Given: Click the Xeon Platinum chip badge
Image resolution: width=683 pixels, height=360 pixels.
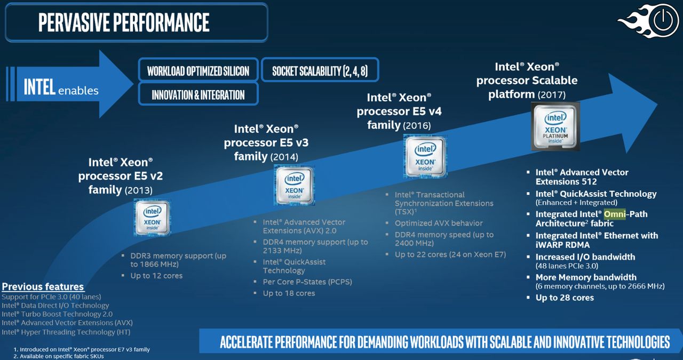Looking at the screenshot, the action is [555, 126].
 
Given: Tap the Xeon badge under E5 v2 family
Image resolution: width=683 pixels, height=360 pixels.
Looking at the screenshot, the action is [152, 218].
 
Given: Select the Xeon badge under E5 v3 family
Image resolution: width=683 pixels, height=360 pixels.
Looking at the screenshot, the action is [294, 186].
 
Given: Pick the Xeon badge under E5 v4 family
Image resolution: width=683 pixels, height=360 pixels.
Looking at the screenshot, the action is [425, 157].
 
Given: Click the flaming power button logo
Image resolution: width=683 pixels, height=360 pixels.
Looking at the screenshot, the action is [649, 21].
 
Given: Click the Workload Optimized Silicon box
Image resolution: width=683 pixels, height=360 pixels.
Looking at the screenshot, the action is [198, 70].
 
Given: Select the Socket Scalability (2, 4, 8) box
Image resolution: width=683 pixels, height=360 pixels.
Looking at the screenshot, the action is [320, 70].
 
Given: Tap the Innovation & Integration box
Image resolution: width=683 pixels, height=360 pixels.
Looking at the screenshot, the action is [198, 94].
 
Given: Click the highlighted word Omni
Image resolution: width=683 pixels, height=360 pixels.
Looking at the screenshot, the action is [614, 214].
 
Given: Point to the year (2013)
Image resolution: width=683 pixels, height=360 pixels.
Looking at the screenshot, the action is [138, 190].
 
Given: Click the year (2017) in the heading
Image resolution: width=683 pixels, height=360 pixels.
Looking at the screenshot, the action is [552, 94].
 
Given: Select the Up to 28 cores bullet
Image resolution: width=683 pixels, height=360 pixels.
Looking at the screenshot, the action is [565, 298].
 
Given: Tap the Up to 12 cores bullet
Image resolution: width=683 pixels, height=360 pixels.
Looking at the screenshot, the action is [156, 276].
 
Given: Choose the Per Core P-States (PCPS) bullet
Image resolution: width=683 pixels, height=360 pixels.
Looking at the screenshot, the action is [307, 282].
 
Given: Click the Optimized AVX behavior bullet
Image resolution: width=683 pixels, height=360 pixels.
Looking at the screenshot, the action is [439, 223].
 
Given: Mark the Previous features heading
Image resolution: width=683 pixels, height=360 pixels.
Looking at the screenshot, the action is [43, 286].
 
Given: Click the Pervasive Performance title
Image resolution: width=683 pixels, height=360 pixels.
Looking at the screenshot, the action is [124, 22].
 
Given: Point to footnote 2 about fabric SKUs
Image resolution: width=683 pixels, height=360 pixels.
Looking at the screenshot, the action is [59, 356].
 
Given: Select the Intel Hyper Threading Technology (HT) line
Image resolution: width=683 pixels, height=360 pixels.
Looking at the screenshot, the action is [66, 332].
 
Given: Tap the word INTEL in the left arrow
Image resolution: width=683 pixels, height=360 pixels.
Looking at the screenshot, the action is [39, 87].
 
